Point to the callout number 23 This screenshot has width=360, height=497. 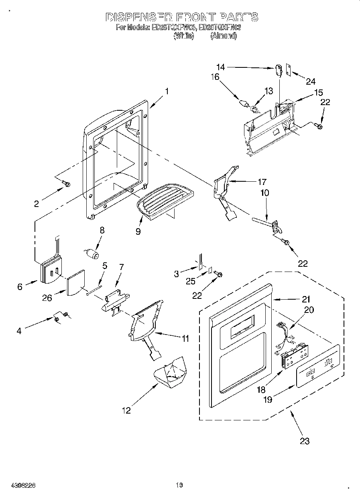point(305,441)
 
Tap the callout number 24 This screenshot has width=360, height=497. point(311,81)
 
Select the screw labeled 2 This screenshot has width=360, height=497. point(67,184)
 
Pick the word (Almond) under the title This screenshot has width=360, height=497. point(224,36)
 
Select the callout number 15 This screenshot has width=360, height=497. point(318,93)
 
